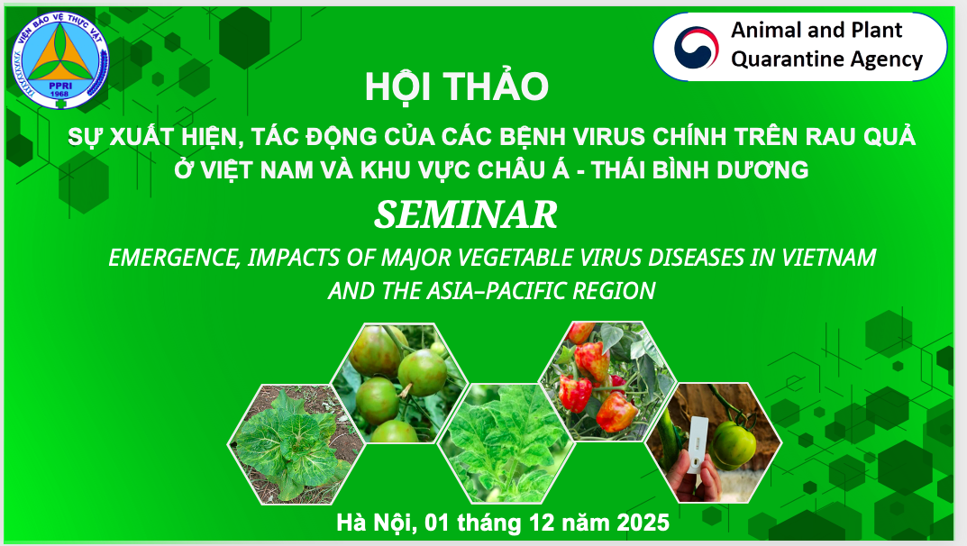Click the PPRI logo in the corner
click(x=59, y=60)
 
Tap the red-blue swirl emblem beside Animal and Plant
click(x=696, y=48)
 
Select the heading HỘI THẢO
click(x=456, y=86)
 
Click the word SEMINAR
click(x=466, y=214)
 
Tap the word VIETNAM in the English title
click(x=829, y=257)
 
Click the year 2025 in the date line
click(x=643, y=523)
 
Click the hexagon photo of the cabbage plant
click(x=296, y=444)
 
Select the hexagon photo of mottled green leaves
click(x=506, y=443)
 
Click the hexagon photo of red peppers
click(x=608, y=381)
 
